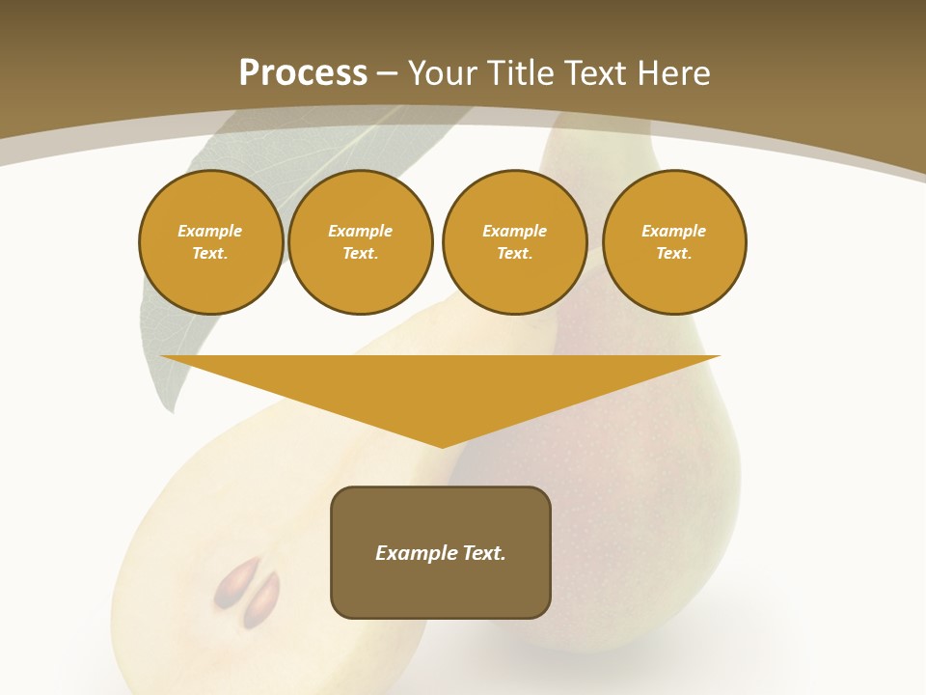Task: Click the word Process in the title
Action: coord(303,73)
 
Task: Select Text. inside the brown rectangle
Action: coord(484,553)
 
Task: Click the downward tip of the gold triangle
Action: coord(443,446)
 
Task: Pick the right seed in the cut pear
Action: coord(261,598)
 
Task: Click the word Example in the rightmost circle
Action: coord(674,231)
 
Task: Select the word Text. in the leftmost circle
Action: coord(210,254)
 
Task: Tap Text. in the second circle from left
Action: coord(360,254)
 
